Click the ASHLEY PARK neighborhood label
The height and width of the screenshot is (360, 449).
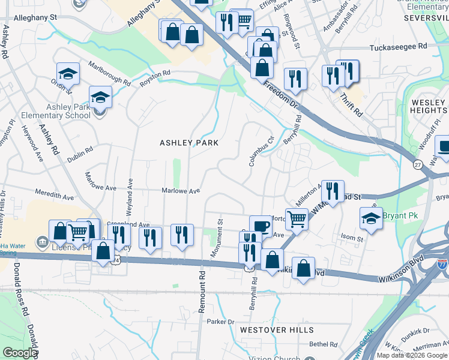188,143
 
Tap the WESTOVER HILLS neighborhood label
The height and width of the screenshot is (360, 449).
276,330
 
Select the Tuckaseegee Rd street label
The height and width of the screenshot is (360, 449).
398,46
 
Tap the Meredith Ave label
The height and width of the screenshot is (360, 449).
55,196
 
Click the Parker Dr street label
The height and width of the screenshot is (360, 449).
220,322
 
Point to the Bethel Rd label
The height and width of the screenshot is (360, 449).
324,344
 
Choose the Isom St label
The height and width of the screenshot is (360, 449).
352,238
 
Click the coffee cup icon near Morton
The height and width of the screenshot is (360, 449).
261,226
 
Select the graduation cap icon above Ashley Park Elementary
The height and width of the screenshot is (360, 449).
100,97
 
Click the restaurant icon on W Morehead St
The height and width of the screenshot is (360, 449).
333,191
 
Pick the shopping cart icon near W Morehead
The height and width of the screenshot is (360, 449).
297,219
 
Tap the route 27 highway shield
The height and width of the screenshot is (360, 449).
417,164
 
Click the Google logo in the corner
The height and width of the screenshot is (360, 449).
20,353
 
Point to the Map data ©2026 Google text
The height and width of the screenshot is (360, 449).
412,355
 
